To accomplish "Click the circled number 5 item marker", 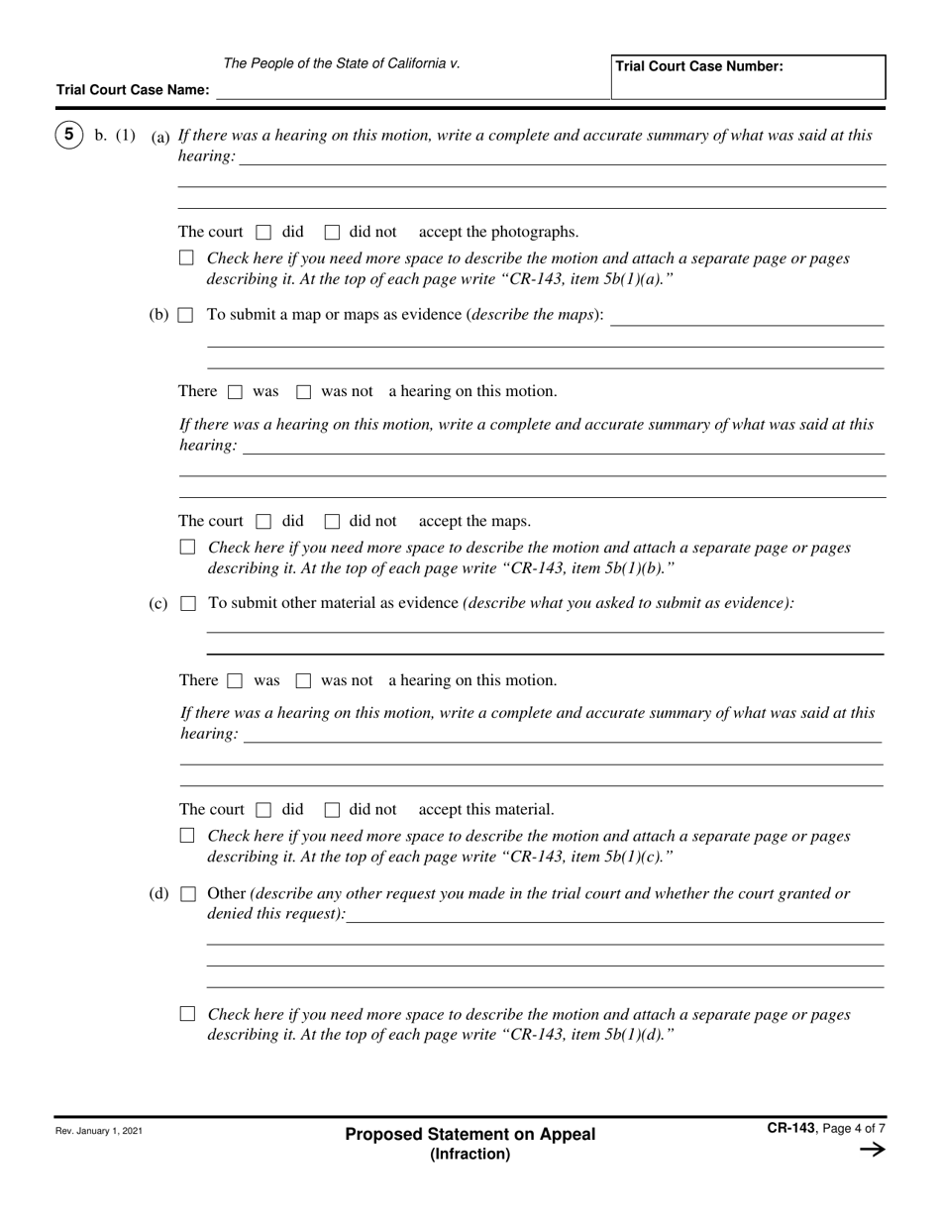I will coord(68,135).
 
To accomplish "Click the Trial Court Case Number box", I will coord(748,77).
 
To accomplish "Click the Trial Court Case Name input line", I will coord(412,90).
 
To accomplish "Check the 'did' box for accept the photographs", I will coord(263,233).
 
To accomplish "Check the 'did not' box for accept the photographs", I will coord(333,233).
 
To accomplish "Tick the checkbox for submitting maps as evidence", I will coord(186,316).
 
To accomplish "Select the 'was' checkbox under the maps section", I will coord(235,392).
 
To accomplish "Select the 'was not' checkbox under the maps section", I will coord(304,392).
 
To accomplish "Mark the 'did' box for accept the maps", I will coord(263,522).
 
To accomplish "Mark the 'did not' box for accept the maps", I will coord(333,522).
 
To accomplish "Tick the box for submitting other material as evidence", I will coord(187,603).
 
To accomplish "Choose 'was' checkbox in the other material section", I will coord(235,681).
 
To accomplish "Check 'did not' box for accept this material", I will coord(333,810).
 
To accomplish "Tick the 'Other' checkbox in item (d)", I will coord(187,894).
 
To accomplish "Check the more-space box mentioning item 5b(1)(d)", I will coord(187,1015).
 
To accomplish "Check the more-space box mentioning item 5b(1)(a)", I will coord(187,258).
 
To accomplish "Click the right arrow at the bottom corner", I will coord(872,1150).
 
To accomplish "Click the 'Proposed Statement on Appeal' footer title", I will coord(470,1135).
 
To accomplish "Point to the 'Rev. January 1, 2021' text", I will coord(99,1131).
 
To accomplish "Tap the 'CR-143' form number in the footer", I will coord(789,1127).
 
